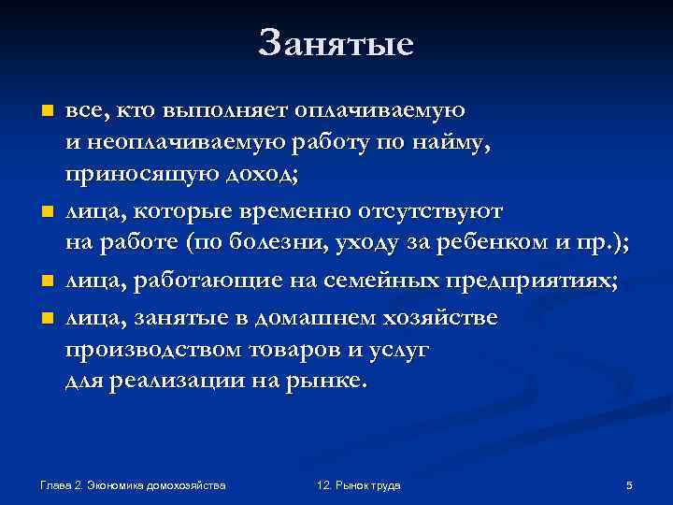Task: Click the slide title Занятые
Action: [336, 42]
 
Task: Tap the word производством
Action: [150, 350]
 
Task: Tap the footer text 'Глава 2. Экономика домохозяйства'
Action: [133, 485]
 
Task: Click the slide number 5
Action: [629, 485]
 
